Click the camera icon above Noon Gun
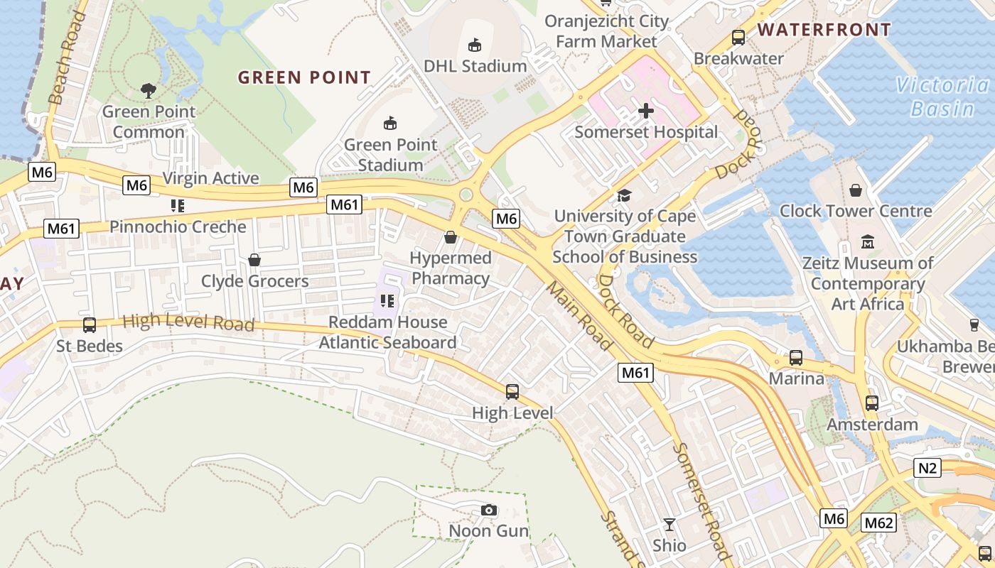(488, 510)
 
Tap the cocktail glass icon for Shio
(669, 525)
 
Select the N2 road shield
(927, 468)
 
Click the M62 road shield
(878, 523)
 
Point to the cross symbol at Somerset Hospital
(645, 111)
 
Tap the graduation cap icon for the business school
(624, 195)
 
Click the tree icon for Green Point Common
(149, 90)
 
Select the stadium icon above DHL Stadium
(474, 45)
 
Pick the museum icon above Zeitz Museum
(867, 242)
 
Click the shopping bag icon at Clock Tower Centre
(856, 190)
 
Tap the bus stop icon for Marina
(796, 358)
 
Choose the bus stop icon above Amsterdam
(872, 403)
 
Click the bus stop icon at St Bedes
(90, 325)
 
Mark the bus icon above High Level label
(512, 391)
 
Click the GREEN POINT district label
(304, 77)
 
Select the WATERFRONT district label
(824, 30)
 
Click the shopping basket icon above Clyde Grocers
(254, 260)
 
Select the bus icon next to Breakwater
(738, 38)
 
